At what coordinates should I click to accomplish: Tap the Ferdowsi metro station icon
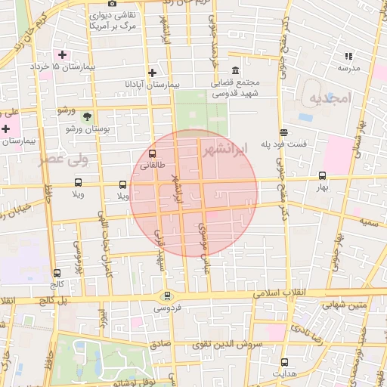[167, 296]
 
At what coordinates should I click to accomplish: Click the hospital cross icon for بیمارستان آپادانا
[153, 73]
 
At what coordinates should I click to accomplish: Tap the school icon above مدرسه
[348, 56]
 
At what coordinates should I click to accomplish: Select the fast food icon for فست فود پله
[283, 132]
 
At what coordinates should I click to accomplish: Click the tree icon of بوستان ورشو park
[87, 117]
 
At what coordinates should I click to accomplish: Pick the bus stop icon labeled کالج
[57, 273]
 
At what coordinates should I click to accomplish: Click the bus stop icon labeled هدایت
[284, 362]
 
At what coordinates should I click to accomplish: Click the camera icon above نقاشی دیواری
[112, 3]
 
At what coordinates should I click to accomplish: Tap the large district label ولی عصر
[63, 159]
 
